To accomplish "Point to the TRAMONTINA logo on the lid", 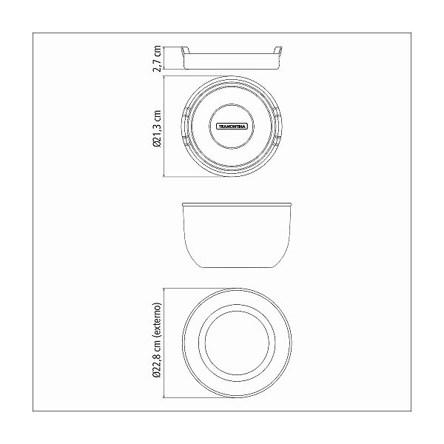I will pyautogui.click(x=232, y=127).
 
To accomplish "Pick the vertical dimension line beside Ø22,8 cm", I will pyautogui.click(x=164, y=341).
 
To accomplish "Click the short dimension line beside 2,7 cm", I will pyautogui.click(x=164, y=58).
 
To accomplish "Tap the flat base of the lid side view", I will pyautogui.click(x=232, y=68).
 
